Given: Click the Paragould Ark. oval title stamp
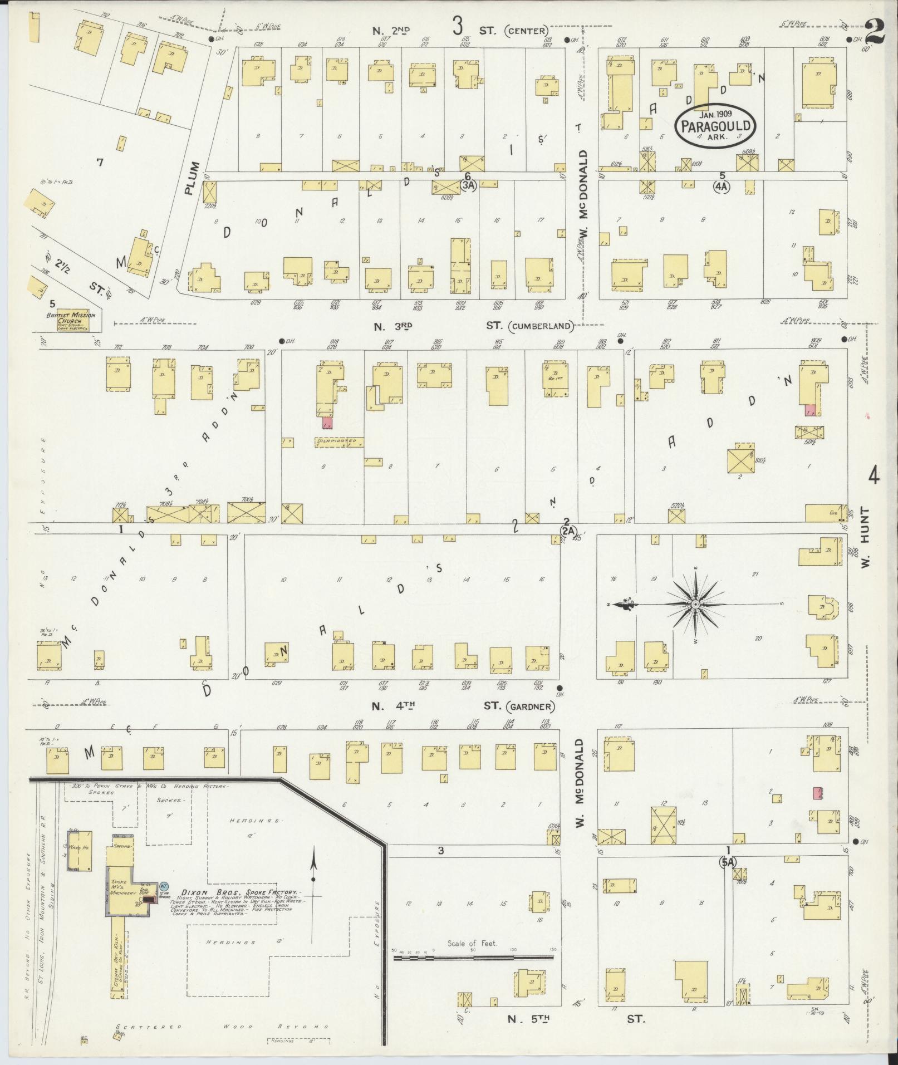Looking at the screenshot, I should click(x=715, y=126).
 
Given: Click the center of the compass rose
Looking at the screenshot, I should click(x=695, y=604).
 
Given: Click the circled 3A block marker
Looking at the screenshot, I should click(x=469, y=187).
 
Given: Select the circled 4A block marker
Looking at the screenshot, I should click(x=721, y=187).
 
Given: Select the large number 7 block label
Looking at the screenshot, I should click(x=100, y=163).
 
